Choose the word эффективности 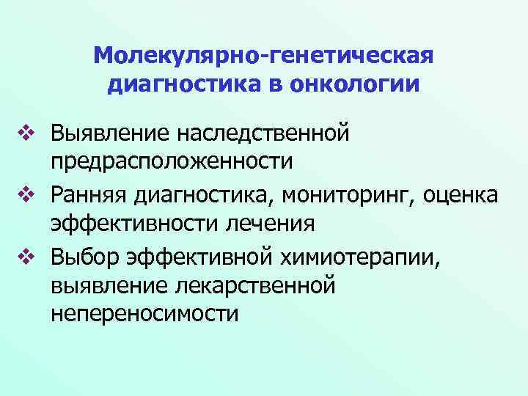140,223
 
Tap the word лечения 274,223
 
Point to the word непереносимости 145,313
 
